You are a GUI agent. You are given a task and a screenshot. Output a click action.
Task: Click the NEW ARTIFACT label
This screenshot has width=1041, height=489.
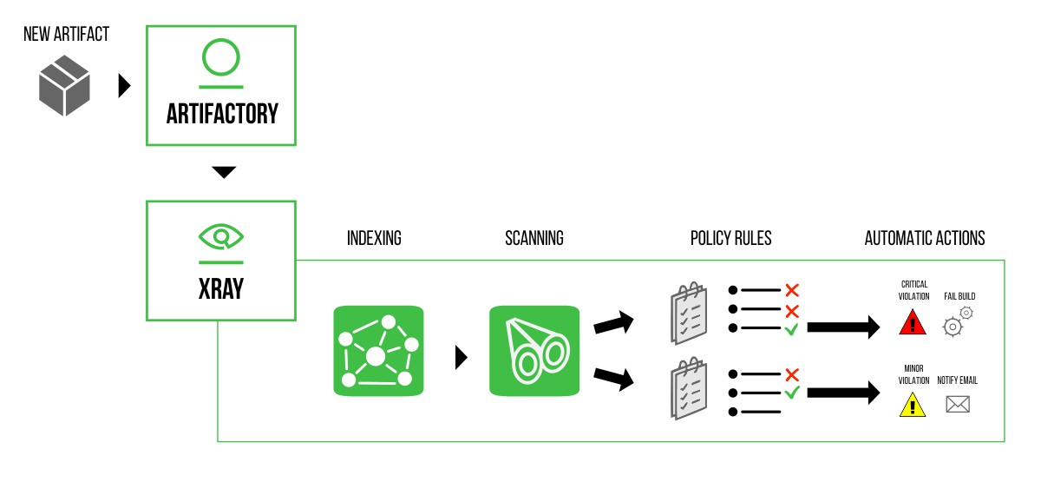tap(67, 36)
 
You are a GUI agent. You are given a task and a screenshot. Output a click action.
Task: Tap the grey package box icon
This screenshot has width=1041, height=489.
tap(64, 86)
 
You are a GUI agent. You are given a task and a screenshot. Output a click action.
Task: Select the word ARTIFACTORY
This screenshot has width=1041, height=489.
tap(222, 114)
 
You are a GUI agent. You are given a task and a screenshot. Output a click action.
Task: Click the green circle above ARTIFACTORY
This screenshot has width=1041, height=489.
tap(220, 57)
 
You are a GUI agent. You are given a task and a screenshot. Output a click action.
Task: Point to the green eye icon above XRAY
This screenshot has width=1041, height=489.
tap(221, 236)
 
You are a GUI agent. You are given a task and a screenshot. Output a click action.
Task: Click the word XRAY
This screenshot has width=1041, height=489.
tap(221, 288)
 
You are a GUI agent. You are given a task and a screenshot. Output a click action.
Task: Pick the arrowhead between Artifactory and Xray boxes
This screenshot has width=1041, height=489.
tap(224, 172)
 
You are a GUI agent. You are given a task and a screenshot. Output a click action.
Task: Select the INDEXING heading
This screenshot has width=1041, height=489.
tap(374, 238)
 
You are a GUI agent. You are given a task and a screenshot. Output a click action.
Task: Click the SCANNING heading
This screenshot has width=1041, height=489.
tap(534, 238)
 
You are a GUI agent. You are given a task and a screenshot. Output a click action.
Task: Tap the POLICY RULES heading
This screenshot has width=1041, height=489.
tap(730, 238)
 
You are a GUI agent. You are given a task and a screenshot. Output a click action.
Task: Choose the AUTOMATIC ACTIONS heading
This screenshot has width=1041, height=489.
tap(925, 238)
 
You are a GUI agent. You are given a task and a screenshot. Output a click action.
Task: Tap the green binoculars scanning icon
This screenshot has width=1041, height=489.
tap(534, 351)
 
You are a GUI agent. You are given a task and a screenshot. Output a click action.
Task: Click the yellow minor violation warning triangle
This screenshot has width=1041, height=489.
tap(913, 405)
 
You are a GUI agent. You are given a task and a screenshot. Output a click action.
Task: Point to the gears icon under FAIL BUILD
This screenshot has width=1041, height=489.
tap(958, 321)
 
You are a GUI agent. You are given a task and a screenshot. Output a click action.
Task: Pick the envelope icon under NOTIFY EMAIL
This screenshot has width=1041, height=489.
tap(957, 404)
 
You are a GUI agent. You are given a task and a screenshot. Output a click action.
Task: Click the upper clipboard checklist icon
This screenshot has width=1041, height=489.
tap(689, 314)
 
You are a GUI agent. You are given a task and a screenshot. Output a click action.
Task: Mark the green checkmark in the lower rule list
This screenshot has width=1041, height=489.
tap(791, 393)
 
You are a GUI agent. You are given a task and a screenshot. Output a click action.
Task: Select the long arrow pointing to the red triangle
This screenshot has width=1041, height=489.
tap(842, 327)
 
